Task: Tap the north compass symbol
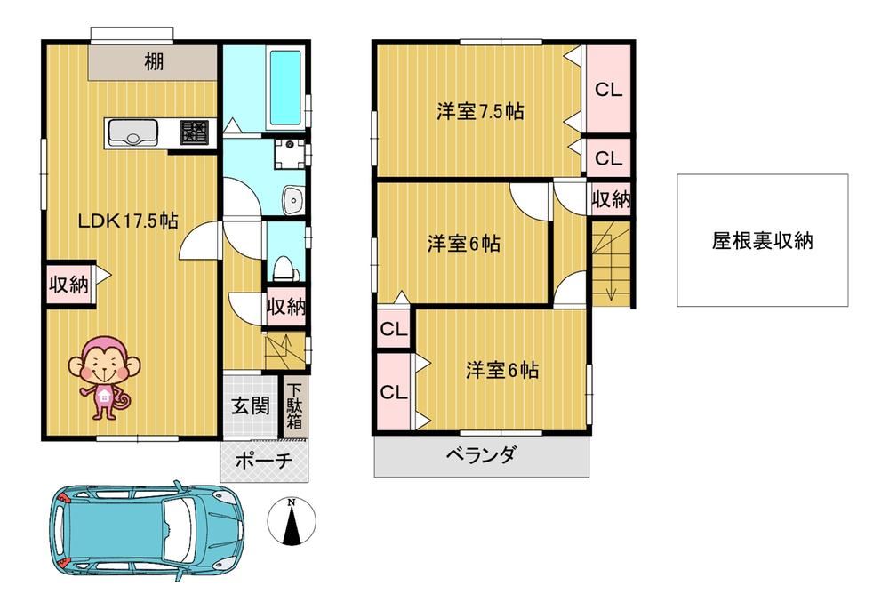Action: pos(292,521)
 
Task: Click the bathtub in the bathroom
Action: pos(284,88)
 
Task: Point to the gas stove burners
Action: pos(194,132)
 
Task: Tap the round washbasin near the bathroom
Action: pos(293,199)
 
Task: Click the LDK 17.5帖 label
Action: pos(128,221)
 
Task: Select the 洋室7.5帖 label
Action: pos(480,111)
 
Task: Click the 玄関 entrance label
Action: pos(251,405)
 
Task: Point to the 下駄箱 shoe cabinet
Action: pos(293,405)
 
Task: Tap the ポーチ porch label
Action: pos(264,460)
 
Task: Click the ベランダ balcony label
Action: pos(481,454)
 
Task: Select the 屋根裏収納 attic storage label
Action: pos(763,240)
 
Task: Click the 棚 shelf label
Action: pos(154,61)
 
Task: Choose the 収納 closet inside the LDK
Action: pos(69,285)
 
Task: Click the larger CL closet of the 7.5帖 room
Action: pos(608,89)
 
